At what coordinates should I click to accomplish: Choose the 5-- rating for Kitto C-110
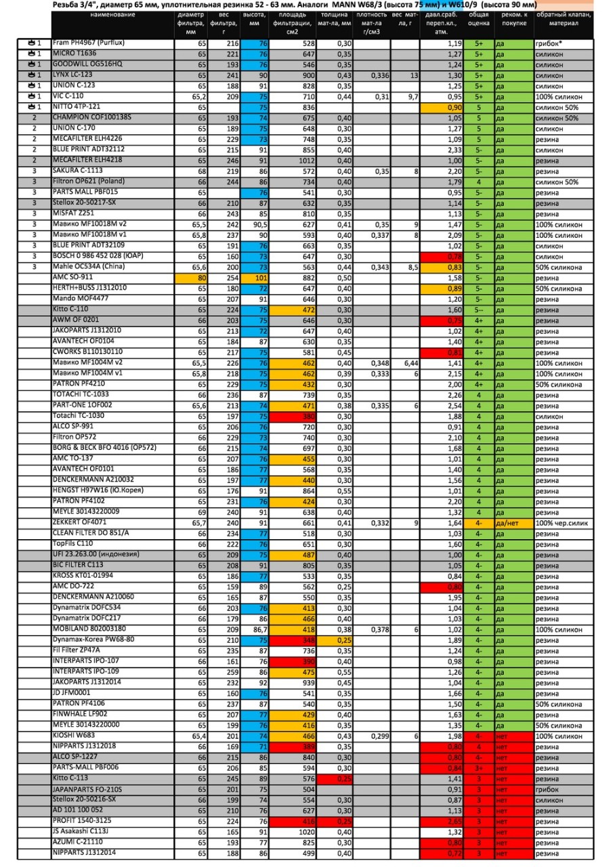(479, 310)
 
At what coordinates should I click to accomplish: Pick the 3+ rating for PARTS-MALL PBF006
(479, 768)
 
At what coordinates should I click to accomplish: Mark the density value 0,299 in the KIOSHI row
(371, 736)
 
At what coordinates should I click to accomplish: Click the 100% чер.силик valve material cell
(563, 523)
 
